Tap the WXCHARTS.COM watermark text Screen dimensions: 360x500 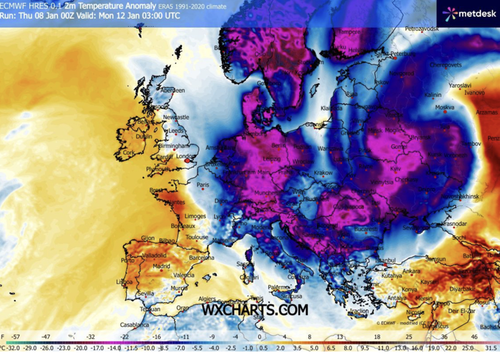click(x=255, y=311)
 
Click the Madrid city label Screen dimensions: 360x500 click(x=161, y=266)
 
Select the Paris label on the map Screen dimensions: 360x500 click(x=204, y=185)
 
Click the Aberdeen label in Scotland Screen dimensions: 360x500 click(x=173, y=90)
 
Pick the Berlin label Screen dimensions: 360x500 click(x=279, y=146)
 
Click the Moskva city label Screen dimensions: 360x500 click(x=445, y=107)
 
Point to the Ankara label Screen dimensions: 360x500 click(x=411, y=271)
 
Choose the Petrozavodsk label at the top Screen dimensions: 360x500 click(x=423, y=29)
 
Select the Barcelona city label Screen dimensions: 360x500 click(x=202, y=257)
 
